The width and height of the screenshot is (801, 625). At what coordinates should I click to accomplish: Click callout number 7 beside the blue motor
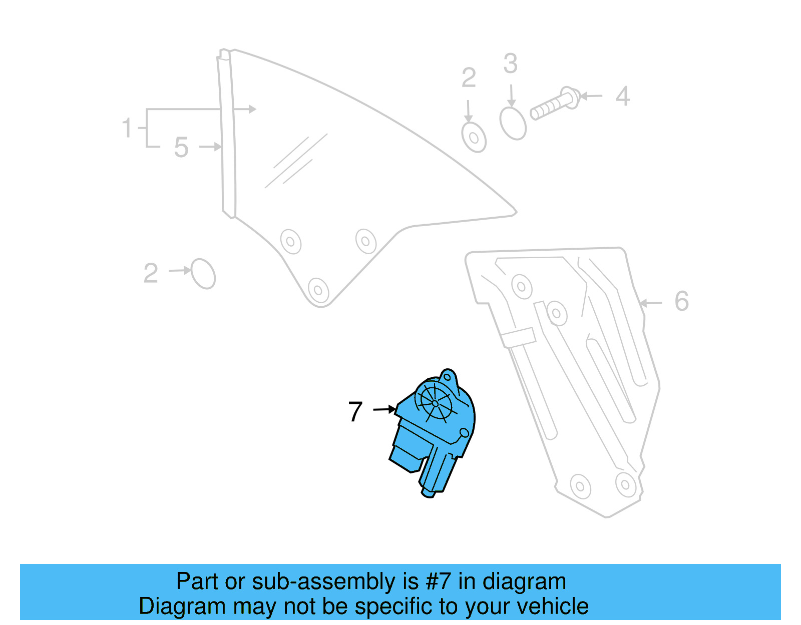355,411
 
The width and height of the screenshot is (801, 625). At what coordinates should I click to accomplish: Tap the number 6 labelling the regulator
681,301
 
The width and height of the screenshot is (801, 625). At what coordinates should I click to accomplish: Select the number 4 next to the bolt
622,96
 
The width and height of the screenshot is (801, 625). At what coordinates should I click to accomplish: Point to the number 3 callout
510,64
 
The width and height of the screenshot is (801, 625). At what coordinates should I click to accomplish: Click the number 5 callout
181,148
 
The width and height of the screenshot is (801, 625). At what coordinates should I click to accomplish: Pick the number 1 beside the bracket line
127,128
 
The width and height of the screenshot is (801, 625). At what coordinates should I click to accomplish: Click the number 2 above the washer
469,78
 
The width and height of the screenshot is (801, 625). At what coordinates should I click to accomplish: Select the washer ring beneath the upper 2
474,137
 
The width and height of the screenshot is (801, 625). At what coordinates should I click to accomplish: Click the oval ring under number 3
513,123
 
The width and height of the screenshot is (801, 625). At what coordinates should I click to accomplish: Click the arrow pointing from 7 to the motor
384,409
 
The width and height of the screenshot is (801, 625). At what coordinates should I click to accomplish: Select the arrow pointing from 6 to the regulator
651,303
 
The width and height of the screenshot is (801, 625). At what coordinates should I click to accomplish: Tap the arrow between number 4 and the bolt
591,96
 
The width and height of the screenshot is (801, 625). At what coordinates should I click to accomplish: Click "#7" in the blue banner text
438,582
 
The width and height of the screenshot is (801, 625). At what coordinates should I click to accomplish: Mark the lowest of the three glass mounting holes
318,289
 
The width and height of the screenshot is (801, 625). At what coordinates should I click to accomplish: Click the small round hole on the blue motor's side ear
464,432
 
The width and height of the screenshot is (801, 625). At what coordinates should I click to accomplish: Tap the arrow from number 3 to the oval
511,96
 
